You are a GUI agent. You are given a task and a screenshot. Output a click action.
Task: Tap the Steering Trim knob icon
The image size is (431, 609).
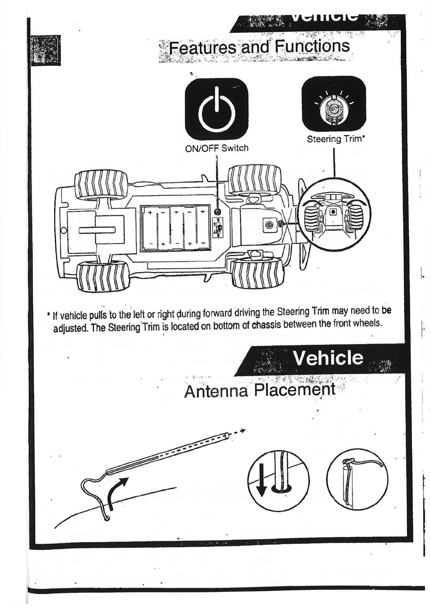(x=334, y=106)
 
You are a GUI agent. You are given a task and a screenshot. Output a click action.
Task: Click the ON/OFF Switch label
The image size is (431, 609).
(x=217, y=148)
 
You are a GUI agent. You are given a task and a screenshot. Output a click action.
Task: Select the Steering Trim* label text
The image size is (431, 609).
(x=335, y=139)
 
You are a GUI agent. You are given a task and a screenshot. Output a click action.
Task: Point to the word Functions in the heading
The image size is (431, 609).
(x=312, y=46)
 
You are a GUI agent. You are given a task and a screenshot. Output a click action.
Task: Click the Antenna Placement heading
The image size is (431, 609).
(x=259, y=391)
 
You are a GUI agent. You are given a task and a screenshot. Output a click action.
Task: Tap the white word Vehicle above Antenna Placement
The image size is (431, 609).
(x=328, y=358)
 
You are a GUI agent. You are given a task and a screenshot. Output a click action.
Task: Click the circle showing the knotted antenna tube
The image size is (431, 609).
(x=357, y=479)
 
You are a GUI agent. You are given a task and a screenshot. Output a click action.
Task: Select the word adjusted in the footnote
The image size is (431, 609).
(x=70, y=328)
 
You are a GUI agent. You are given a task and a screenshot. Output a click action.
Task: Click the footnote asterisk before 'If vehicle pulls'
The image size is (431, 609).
(x=49, y=315)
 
